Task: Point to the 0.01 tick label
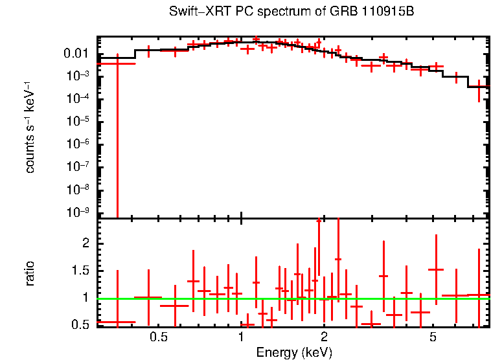[x=76, y=54]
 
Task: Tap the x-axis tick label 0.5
[x=158, y=337]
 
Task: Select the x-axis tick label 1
[x=241, y=337]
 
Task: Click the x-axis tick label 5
[x=433, y=337]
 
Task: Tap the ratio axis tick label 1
[x=84, y=298]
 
